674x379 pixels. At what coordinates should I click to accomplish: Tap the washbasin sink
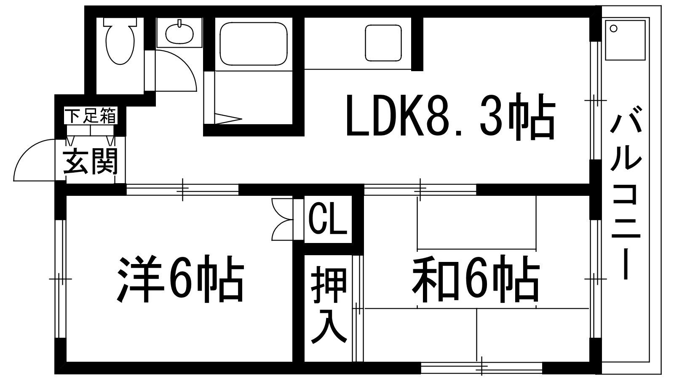(179, 32)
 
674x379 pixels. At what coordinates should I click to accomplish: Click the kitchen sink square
(383, 43)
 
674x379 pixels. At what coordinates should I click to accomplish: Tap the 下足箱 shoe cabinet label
(91, 115)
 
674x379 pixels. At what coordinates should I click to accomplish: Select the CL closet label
(328, 219)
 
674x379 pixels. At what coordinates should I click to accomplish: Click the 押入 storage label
(329, 305)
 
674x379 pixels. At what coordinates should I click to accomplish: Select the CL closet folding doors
(282, 219)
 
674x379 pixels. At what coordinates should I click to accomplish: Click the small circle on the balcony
(613, 29)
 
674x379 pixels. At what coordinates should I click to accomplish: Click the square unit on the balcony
(625, 40)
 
